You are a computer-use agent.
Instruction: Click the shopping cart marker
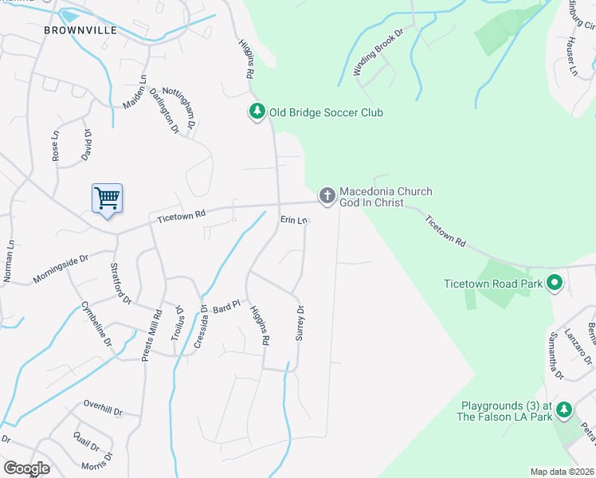click(x=107, y=197)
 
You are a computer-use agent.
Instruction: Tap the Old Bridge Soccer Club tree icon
click(x=257, y=112)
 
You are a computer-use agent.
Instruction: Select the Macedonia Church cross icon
click(x=327, y=195)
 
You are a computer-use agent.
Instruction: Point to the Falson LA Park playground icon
click(x=564, y=409)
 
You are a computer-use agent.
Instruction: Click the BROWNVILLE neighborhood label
click(x=80, y=30)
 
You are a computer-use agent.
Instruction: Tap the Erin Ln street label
click(x=293, y=221)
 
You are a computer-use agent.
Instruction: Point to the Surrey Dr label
click(x=300, y=323)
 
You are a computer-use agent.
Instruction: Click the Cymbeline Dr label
click(x=96, y=322)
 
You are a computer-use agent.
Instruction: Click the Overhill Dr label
click(x=103, y=408)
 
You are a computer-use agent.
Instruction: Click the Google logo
click(x=26, y=468)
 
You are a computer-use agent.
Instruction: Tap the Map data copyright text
click(x=561, y=472)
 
